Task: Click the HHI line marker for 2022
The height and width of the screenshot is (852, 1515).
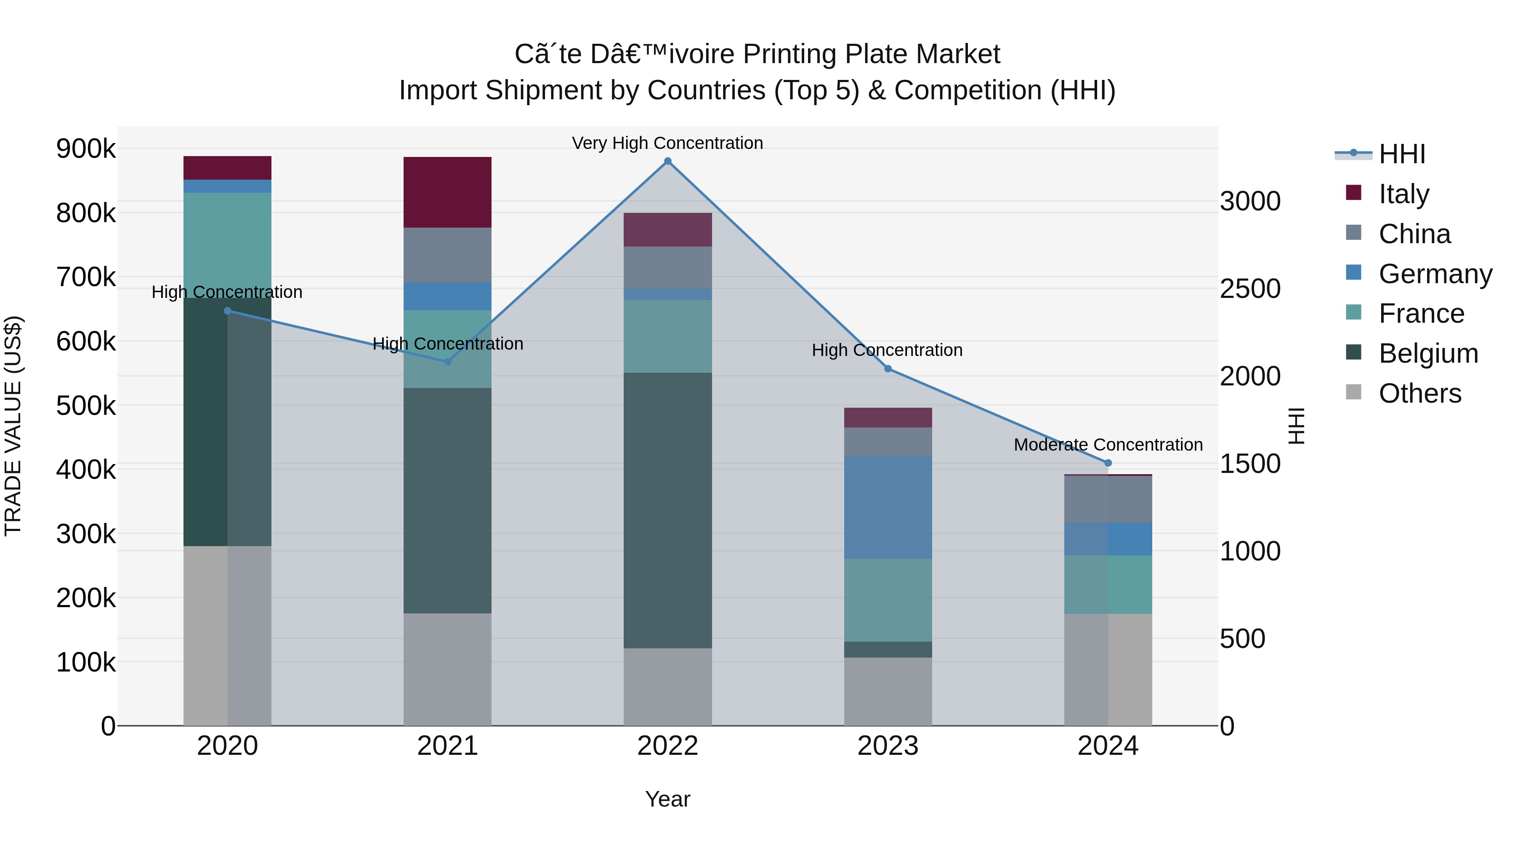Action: [x=667, y=161]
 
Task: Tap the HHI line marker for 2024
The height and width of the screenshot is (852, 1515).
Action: [x=1108, y=463]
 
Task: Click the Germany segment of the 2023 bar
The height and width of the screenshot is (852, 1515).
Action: [x=888, y=507]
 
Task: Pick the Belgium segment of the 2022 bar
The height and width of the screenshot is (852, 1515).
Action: [x=667, y=510]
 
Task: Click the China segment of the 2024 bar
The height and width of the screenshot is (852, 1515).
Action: [x=1108, y=499]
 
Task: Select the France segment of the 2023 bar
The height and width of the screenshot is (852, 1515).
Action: [x=888, y=600]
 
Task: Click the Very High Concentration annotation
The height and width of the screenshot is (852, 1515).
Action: [x=667, y=143]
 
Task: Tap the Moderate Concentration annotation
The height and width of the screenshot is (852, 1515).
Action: [x=1108, y=445]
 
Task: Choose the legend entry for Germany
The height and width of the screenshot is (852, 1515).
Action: [x=1435, y=274]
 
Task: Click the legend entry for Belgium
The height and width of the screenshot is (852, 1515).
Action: [x=1428, y=353]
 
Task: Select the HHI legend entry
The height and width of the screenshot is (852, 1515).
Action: [x=1401, y=154]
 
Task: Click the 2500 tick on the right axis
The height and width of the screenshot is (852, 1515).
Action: [x=1250, y=289]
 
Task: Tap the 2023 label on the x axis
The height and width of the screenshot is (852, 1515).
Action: [x=888, y=746]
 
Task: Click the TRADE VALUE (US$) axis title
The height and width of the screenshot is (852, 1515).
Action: [x=13, y=426]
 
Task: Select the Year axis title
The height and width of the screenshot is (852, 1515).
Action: [x=667, y=799]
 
